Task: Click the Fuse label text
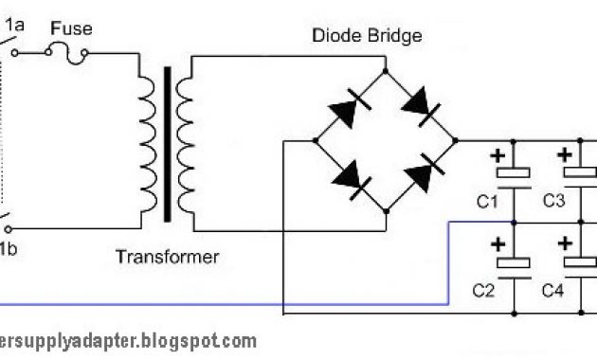[71, 29]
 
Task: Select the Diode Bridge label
[367, 36]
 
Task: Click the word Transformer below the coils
[167, 257]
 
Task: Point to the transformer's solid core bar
[169, 142]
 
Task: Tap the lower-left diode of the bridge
[349, 177]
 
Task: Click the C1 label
[487, 201]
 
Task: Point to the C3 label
[553, 201]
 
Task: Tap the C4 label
[553, 291]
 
